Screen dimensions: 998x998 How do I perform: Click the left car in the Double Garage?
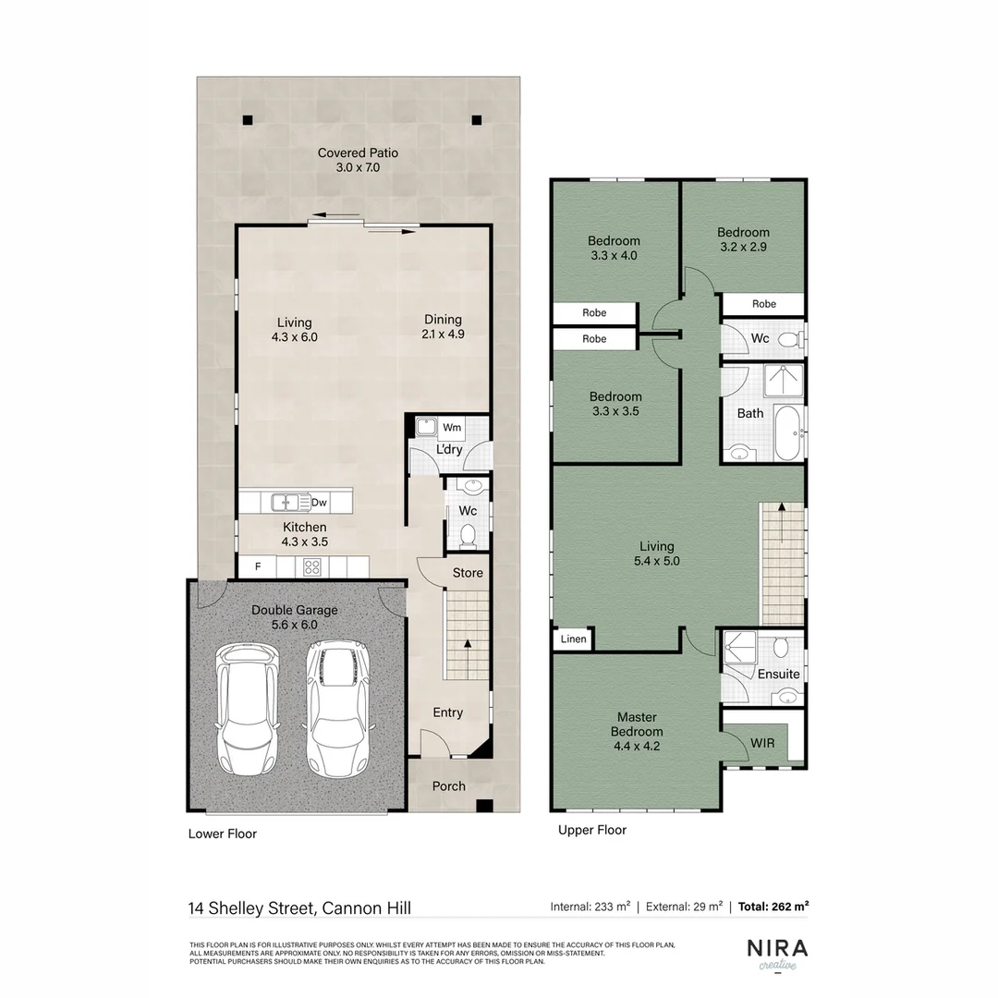(247, 710)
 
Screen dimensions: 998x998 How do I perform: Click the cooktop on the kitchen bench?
(312, 567)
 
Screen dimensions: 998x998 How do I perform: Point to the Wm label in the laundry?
(452, 428)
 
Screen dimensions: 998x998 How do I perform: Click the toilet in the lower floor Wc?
(468, 533)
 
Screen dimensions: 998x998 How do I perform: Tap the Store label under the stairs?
(468, 573)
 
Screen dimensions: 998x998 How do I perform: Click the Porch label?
(449, 786)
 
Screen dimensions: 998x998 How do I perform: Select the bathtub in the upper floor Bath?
(787, 432)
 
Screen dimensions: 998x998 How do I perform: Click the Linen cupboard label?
(573, 639)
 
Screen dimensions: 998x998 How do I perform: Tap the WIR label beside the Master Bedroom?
(762, 743)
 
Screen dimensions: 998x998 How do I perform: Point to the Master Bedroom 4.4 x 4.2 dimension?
(636, 747)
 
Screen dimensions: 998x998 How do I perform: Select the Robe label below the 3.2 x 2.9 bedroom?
(763, 304)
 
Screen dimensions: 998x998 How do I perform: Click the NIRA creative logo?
(777, 953)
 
